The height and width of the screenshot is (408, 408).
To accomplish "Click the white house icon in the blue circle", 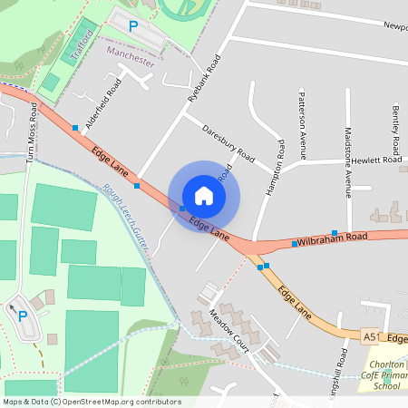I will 204,196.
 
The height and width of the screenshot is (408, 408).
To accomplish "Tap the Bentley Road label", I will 396,129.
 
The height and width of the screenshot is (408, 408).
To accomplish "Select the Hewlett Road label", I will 377,160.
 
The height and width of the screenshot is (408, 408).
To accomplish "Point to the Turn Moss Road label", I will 34,132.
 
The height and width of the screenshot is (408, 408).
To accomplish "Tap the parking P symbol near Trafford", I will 133,27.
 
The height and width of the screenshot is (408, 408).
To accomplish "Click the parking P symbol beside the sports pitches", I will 23,316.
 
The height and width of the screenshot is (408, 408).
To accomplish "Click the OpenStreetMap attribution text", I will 92,402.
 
